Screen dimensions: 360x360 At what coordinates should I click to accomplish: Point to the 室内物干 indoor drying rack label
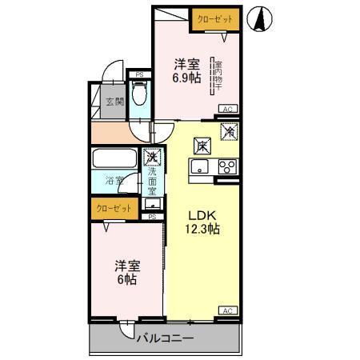217,76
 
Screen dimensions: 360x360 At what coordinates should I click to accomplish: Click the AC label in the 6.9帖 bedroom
226,109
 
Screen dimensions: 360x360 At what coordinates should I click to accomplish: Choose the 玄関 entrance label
115,102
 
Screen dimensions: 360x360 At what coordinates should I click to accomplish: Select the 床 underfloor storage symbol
202,146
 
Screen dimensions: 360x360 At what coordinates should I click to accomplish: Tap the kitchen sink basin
200,167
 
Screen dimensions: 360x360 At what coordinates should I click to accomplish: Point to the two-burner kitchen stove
226,167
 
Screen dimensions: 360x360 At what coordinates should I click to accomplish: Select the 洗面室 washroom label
152,182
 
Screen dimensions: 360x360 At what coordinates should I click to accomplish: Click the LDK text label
202,214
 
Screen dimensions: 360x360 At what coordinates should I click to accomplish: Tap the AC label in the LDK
226,310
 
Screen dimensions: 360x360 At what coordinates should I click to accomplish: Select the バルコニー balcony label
166,339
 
